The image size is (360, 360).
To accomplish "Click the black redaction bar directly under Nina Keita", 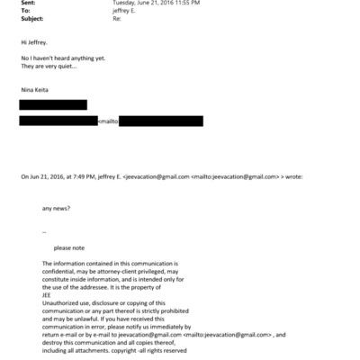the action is [x=53, y=105].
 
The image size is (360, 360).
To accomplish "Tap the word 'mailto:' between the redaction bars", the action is [x=107, y=121].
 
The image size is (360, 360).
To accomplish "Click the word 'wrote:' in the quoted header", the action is [x=294, y=177].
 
